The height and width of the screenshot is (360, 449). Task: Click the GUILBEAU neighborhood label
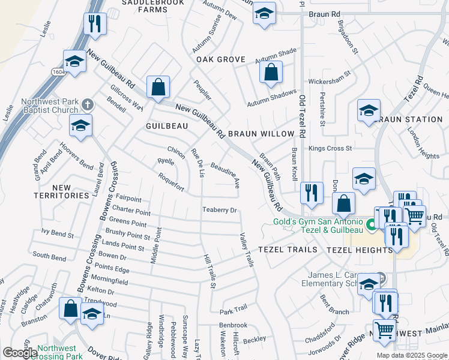[167, 126]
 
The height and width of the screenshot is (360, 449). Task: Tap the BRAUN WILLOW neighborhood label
[261, 133]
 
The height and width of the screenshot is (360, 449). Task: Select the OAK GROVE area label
[221, 59]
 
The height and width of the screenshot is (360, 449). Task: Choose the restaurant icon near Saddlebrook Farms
[94, 23]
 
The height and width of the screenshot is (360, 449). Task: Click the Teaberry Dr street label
[220, 210]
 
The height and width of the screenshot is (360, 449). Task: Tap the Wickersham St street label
[330, 80]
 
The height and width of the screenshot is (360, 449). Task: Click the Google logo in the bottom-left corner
[20, 353]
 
